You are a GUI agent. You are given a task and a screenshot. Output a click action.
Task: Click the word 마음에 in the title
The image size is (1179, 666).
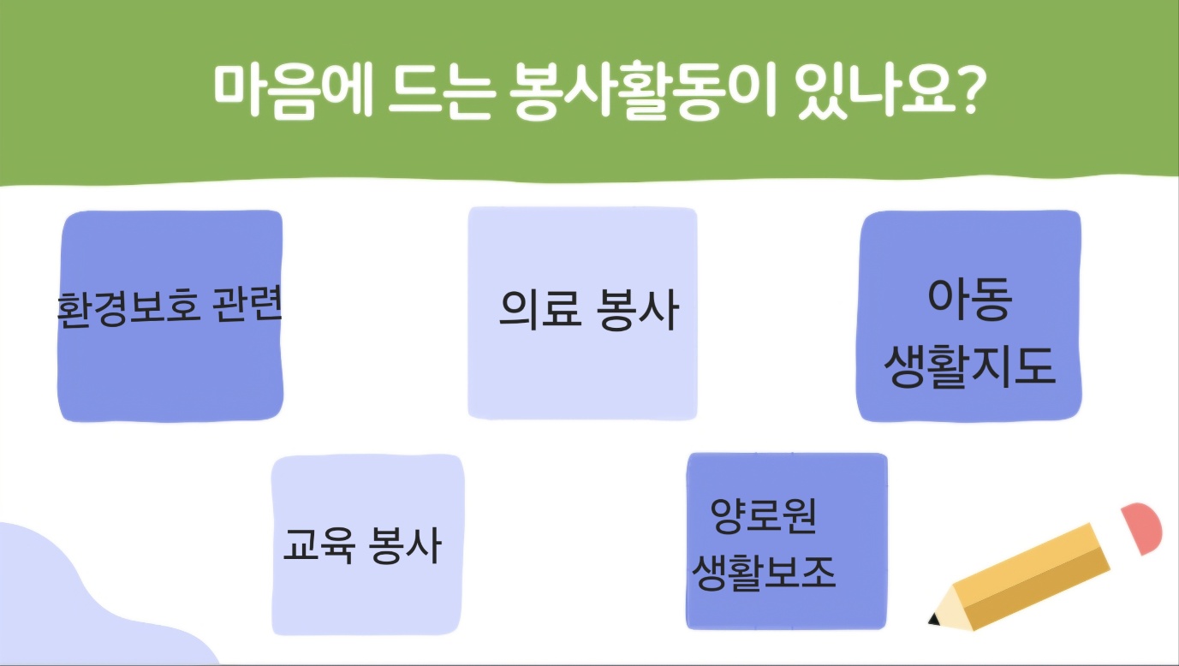pos(293,90)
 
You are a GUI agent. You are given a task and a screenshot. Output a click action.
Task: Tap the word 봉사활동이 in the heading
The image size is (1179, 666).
pos(643,90)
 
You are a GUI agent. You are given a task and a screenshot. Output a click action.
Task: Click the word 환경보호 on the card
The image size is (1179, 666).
pos(128,309)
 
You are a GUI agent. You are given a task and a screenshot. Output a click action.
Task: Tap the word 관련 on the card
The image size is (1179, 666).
pos(247,304)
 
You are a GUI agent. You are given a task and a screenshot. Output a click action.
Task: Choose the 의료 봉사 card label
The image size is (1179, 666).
pos(589,311)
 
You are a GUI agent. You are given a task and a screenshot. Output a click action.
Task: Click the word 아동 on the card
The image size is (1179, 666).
pos(969,299)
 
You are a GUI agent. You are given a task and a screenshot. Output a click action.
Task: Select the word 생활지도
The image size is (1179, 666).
pos(969,367)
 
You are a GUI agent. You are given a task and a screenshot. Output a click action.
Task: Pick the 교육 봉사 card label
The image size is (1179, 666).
pos(362,545)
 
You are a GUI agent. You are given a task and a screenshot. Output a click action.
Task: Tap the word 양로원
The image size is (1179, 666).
pos(763,515)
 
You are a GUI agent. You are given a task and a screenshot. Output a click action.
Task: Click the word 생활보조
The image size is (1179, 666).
pos(764,573)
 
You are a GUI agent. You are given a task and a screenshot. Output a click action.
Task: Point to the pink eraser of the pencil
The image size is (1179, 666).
pos(1143,527)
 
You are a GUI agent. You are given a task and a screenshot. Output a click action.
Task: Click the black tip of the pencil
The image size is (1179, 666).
pos(934,619)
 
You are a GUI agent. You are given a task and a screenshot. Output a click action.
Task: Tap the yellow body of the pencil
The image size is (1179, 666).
pos(1032,575)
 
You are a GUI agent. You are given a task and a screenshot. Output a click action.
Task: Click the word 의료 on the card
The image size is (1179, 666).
pos(540,311)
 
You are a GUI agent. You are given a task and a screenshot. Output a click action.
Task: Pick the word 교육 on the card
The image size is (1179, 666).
pos(319,545)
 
